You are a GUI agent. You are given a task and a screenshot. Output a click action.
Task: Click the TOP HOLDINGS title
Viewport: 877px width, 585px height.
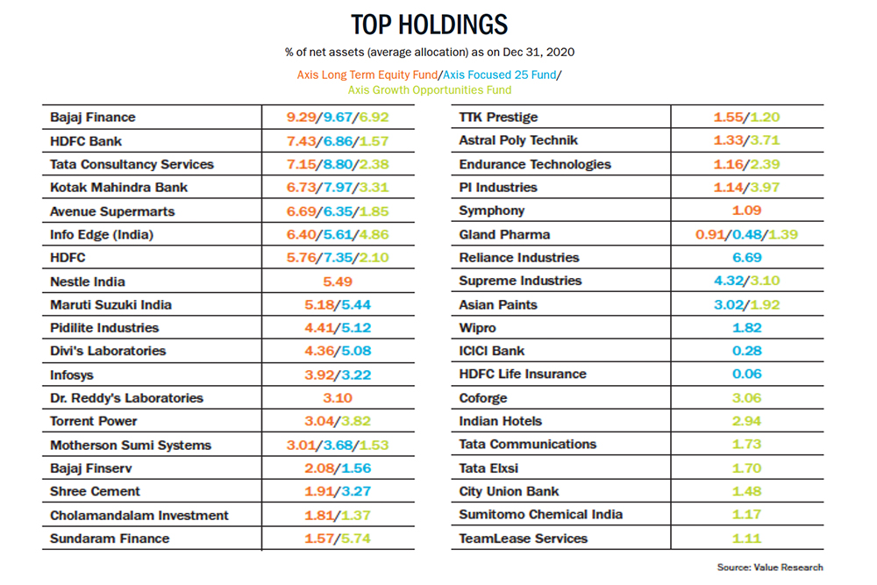[x=430, y=25]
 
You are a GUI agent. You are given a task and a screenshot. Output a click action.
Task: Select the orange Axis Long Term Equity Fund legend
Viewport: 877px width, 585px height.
[x=367, y=75]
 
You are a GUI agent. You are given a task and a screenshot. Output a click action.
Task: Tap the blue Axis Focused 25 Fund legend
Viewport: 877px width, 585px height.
[x=500, y=75]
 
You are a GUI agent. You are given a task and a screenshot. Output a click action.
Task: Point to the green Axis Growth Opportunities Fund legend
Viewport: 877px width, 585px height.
[x=430, y=90]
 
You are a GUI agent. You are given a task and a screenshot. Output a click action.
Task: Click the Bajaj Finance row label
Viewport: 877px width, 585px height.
[x=93, y=118]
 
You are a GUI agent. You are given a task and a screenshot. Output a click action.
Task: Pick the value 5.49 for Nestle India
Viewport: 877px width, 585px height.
[x=338, y=282]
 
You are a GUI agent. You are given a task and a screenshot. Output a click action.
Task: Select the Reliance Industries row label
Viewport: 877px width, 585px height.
[x=519, y=258]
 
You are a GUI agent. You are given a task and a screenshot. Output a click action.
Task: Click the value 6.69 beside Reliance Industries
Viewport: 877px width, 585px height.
[x=747, y=258]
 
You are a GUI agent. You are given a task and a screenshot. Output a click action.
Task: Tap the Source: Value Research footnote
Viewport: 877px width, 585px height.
[x=770, y=567]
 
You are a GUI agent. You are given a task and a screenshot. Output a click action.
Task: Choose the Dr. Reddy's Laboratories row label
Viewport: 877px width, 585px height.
[x=126, y=398]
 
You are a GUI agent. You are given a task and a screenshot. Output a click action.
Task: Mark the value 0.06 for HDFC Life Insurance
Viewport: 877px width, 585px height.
[x=747, y=375]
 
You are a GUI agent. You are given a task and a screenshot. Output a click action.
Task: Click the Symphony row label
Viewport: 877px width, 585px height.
[x=492, y=210]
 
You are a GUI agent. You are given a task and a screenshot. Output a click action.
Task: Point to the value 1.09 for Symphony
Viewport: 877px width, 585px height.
[x=747, y=210]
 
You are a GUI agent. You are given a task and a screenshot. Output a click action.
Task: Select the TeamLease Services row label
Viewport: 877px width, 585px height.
[x=524, y=539]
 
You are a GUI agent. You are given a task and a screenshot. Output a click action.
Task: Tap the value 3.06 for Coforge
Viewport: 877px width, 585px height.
[x=747, y=398]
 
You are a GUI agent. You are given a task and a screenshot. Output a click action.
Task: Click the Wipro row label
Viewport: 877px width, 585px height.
[x=478, y=328]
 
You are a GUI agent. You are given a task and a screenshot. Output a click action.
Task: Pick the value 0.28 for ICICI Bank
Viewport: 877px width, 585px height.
[x=747, y=351]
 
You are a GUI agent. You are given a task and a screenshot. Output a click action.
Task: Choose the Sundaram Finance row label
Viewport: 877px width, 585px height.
[x=110, y=539]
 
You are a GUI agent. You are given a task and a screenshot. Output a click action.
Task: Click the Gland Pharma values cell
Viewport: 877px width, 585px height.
[x=746, y=235]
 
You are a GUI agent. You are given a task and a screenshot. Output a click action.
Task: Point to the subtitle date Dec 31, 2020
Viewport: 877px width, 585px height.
[x=538, y=53]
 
